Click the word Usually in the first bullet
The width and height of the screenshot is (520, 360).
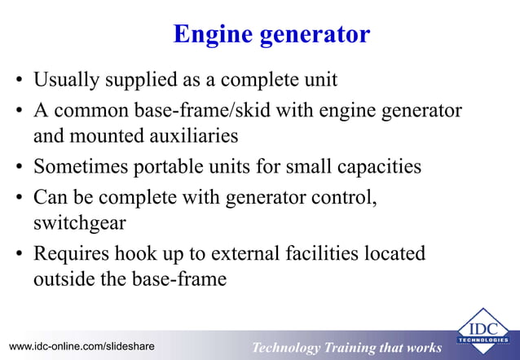tap(66, 81)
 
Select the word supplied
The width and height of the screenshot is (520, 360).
tap(139, 81)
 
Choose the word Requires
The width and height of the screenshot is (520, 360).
tap(68, 252)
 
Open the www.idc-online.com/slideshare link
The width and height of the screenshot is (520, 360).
tap(80, 347)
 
